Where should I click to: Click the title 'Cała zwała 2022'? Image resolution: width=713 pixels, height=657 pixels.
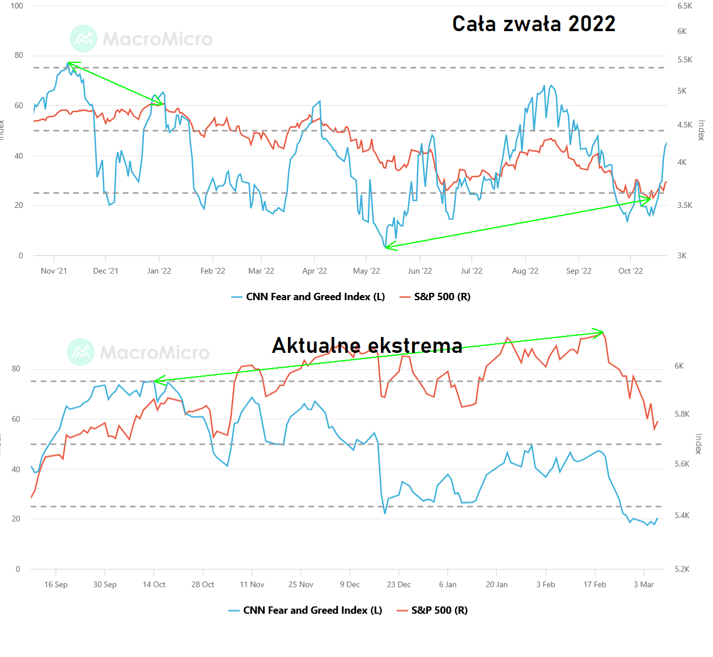coord(533,24)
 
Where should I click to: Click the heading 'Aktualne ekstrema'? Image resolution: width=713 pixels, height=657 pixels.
coord(367,345)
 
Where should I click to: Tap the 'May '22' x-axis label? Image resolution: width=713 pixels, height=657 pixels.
coord(367,271)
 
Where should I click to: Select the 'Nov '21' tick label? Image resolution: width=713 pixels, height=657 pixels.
coord(54,271)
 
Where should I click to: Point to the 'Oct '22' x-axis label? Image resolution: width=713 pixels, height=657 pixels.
coord(630,271)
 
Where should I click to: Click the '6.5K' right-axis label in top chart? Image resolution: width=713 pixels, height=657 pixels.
coord(685,6)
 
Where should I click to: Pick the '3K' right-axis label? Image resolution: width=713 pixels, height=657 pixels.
coord(682,255)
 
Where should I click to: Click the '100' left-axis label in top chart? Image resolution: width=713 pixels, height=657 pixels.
coord(16,6)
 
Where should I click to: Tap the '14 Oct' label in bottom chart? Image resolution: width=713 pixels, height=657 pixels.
coord(154,585)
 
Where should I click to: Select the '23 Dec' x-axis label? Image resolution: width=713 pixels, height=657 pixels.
coord(399,585)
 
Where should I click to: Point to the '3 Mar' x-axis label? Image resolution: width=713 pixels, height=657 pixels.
coord(643,585)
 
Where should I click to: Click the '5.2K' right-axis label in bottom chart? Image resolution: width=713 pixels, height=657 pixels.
coord(682,569)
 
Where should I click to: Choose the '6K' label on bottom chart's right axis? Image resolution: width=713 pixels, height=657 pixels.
coord(679,366)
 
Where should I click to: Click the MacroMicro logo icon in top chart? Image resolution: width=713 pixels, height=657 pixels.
coord(83,39)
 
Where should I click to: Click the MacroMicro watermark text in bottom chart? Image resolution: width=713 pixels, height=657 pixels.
coord(155,353)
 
